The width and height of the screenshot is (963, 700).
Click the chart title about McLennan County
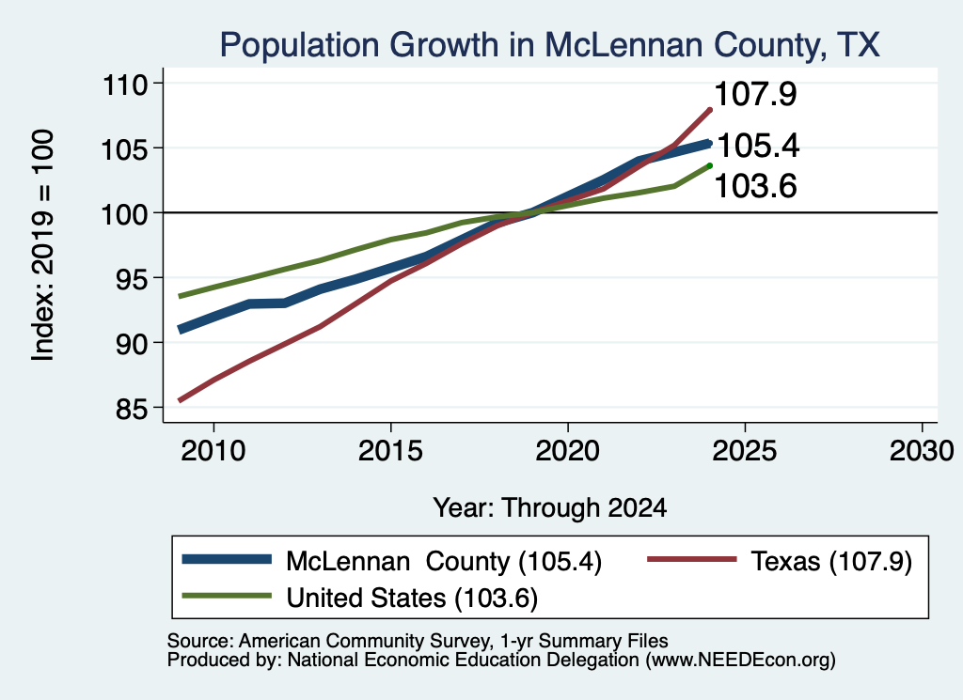(x=549, y=45)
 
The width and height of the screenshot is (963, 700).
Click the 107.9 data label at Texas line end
(x=755, y=94)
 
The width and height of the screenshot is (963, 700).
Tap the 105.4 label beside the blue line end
(x=758, y=146)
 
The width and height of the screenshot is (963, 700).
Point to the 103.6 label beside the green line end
(x=755, y=186)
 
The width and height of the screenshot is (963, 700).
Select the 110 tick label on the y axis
(x=125, y=84)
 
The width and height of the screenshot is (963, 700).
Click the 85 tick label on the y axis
(x=132, y=409)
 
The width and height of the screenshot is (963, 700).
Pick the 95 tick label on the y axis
(x=132, y=279)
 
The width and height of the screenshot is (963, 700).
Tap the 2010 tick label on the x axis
(x=213, y=451)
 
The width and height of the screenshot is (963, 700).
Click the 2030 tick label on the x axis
(x=922, y=451)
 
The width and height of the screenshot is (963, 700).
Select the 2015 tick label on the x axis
(x=390, y=451)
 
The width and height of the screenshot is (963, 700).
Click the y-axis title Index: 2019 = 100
(x=43, y=245)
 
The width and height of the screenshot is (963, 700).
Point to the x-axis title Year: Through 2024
(x=549, y=508)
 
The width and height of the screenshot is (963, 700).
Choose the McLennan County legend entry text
(x=444, y=561)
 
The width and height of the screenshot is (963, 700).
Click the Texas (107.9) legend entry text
(x=831, y=561)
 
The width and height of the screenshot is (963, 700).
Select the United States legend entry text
(x=412, y=599)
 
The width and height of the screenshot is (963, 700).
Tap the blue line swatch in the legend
(x=227, y=559)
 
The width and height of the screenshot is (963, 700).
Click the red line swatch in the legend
(x=691, y=559)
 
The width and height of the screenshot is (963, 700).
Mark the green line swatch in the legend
(x=227, y=596)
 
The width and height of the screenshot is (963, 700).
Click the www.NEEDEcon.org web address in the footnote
(x=740, y=661)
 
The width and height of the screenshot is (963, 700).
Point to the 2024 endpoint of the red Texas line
(x=710, y=111)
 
